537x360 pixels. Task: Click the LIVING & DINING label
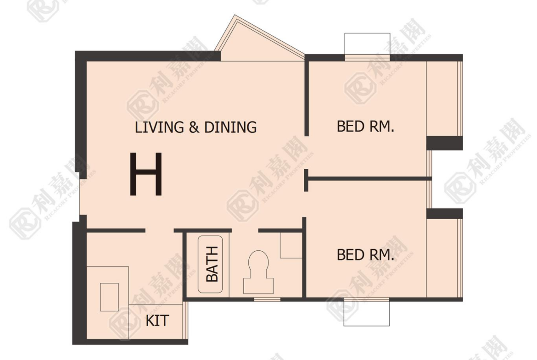(x=196, y=127)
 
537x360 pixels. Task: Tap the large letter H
(x=146, y=174)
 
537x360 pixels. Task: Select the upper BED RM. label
(x=365, y=126)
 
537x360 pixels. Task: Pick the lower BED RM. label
(x=365, y=255)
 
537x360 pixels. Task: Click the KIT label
(x=157, y=321)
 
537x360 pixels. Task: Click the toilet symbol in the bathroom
(x=258, y=272)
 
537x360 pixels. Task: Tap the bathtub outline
(x=210, y=264)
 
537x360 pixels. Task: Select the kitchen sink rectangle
(x=109, y=297)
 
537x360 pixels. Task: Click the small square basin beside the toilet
(x=291, y=245)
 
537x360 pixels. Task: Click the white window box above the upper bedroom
(x=367, y=44)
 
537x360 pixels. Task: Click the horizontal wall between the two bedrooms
(x=368, y=179)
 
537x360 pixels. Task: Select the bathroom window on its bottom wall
(x=267, y=299)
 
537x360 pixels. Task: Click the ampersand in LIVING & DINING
(x=194, y=127)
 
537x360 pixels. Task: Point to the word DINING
(x=230, y=127)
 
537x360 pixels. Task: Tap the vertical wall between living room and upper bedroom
(x=307, y=98)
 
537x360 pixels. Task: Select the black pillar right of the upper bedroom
(x=445, y=143)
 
